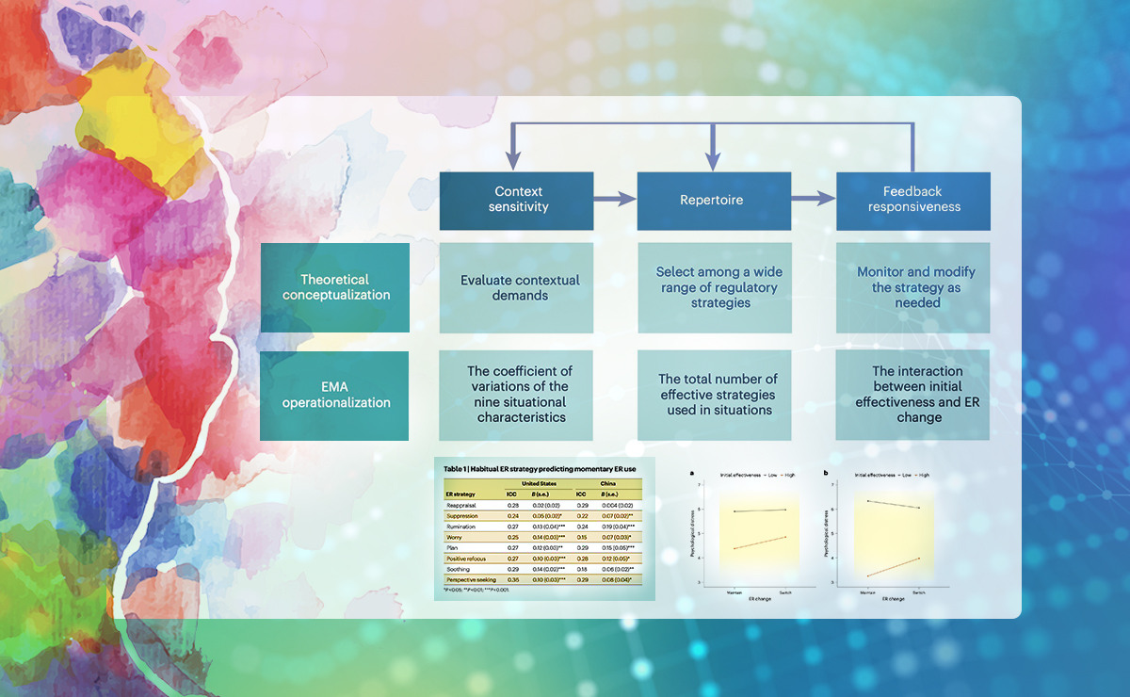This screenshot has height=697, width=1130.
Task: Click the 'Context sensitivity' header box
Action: coord(517,200)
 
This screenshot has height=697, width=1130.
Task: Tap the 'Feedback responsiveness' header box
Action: coord(912,200)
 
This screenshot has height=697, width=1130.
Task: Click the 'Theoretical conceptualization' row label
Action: coord(334,286)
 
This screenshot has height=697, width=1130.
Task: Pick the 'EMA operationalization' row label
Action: coord(334,395)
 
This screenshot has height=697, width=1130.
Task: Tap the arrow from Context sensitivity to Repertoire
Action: coord(616,200)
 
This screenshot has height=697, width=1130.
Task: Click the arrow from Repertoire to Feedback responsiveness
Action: coord(814,200)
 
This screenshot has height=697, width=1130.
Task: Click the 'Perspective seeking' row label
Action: coord(471,579)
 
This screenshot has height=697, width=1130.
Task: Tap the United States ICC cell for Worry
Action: coord(513,537)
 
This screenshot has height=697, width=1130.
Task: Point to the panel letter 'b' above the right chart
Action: coord(827,473)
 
